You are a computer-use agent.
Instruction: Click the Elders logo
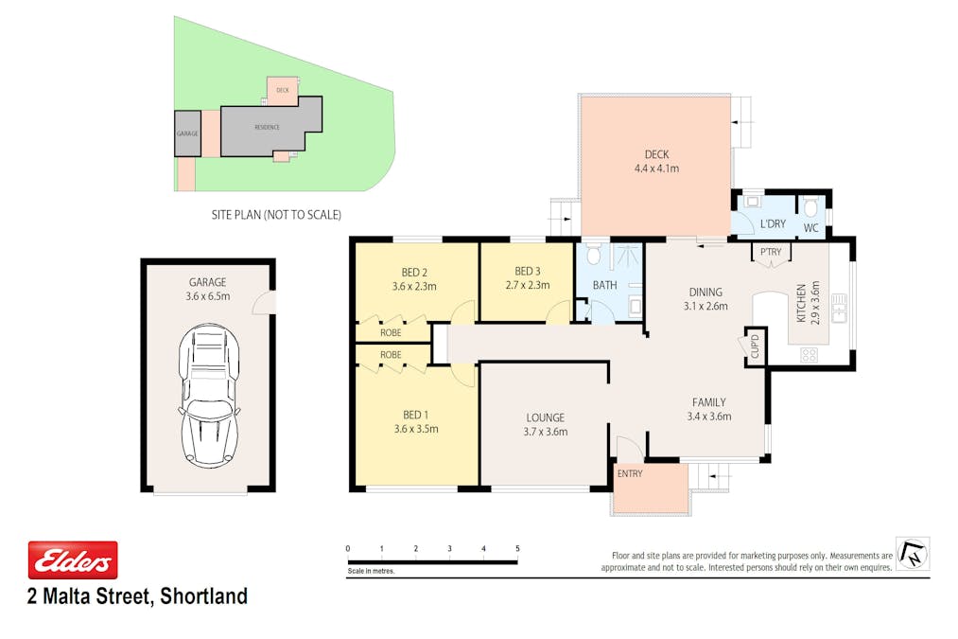coord(73,559)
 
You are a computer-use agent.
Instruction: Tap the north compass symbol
coord(913,553)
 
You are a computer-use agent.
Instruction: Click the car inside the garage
coord(209,395)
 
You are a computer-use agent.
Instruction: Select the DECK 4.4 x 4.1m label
coord(656,161)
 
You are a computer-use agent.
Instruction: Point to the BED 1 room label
coord(416,421)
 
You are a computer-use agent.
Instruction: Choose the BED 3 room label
coord(528,278)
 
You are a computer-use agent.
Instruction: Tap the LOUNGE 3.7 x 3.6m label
coord(546,424)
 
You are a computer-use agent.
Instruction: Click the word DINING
coord(705,292)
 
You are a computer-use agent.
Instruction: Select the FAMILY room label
coord(709,408)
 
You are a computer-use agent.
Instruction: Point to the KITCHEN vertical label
coord(802,302)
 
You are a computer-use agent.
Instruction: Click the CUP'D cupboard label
coord(755,346)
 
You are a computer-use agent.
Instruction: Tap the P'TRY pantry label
coord(770,252)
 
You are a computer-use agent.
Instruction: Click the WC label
coord(810,228)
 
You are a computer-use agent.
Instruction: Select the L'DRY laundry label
coord(773,224)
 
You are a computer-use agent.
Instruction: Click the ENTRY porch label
coord(629,473)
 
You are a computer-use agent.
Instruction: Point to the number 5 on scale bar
coord(517,548)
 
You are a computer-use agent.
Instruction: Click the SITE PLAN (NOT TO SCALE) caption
coord(276,215)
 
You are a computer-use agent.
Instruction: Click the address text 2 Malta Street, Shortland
coord(138,596)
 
